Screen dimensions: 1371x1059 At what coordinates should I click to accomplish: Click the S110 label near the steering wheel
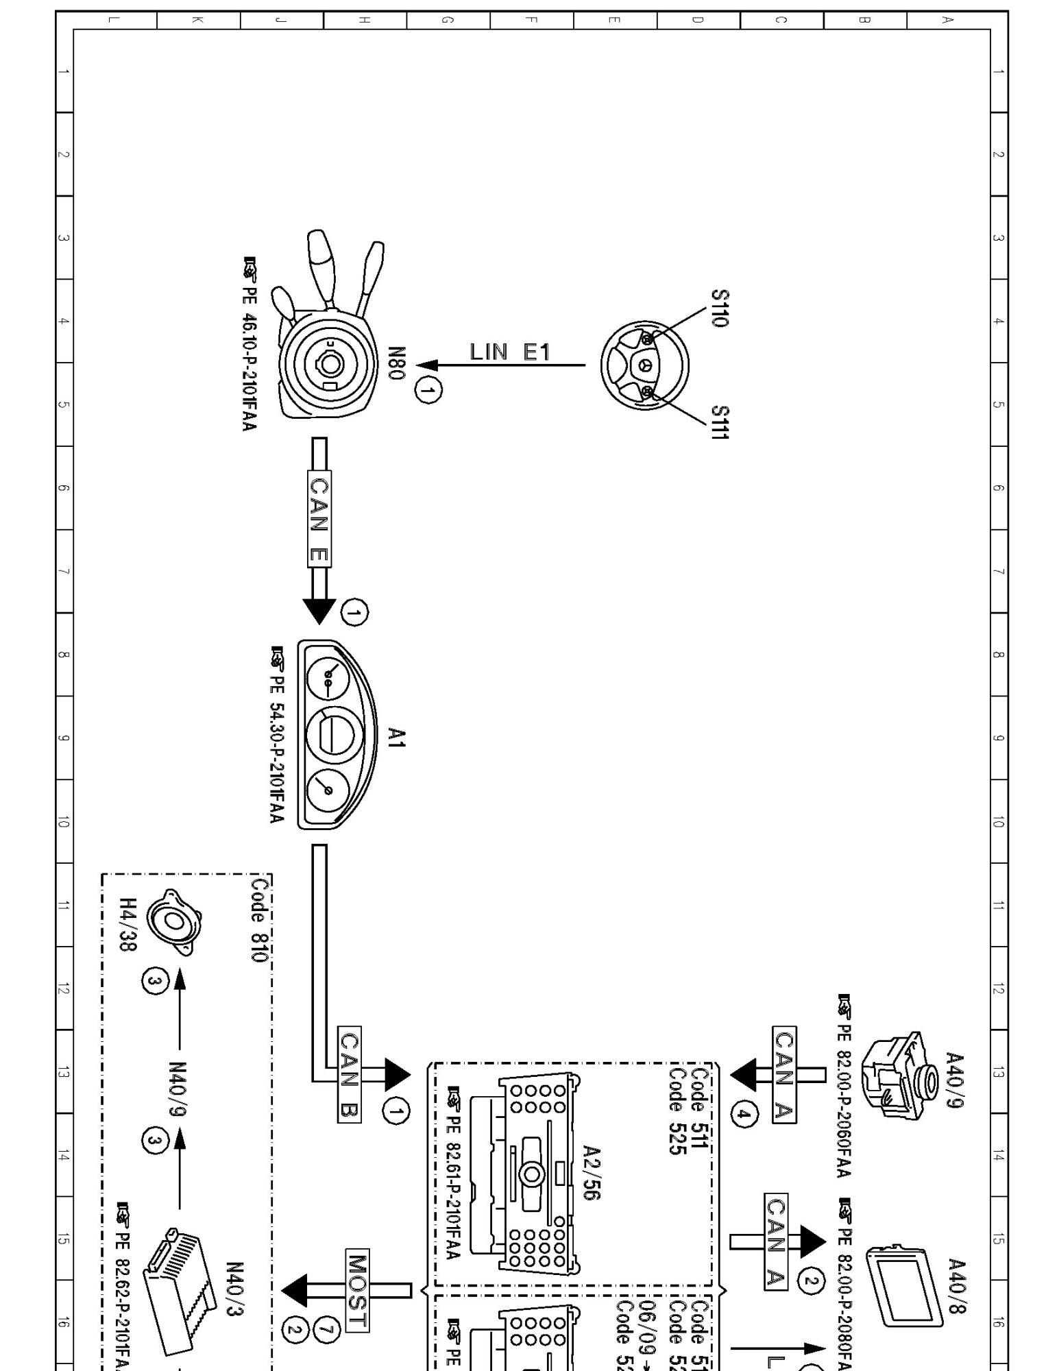[719, 308]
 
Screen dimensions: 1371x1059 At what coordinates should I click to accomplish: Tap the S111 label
[719, 422]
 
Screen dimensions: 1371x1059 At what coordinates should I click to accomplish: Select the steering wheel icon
[644, 365]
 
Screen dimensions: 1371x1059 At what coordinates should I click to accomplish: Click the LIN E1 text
[510, 352]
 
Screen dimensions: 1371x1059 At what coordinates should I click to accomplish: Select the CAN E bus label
[319, 518]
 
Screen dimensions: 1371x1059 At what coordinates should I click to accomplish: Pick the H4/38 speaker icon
[175, 922]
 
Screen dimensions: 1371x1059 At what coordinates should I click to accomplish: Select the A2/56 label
[591, 1172]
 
